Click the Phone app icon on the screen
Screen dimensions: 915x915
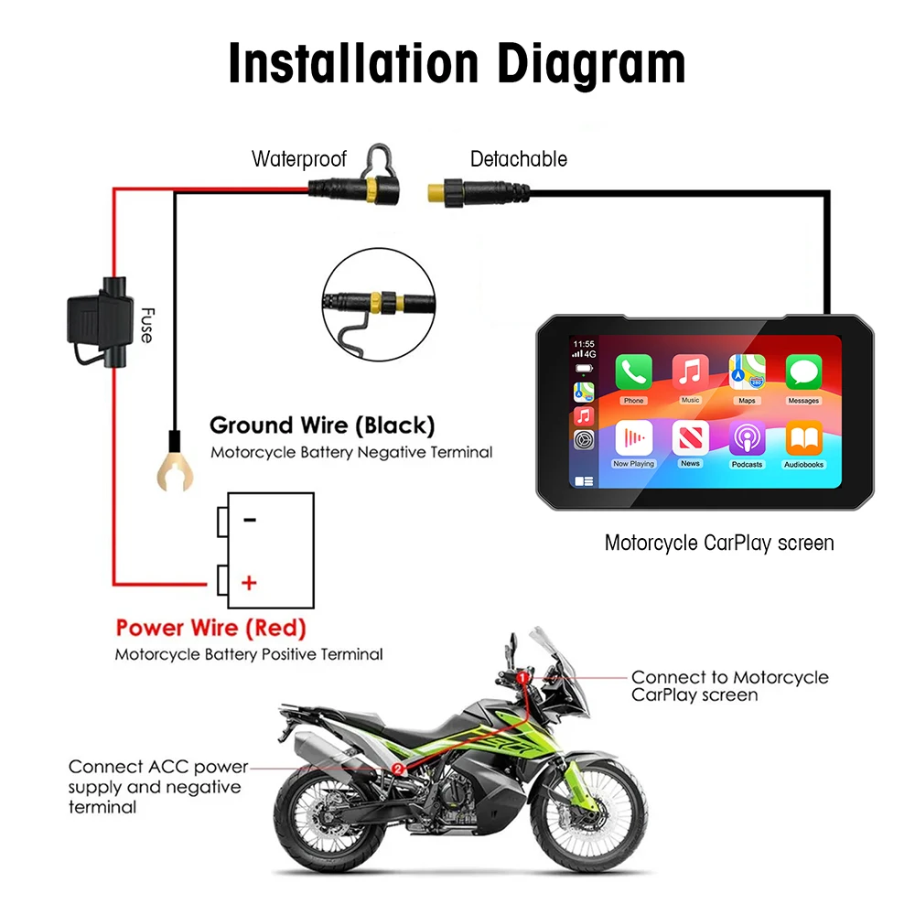tap(633, 372)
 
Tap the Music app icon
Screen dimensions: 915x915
tap(690, 372)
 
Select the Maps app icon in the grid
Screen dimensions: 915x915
tap(747, 372)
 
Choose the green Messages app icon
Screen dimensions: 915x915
tap(803, 372)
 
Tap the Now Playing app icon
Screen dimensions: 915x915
tap(633, 437)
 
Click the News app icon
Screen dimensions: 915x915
tap(690, 437)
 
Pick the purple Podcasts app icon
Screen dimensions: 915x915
tap(747, 437)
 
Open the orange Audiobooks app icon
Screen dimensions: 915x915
tap(803, 437)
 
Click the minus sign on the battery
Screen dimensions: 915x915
tap(250, 520)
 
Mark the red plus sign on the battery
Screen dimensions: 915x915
tap(249, 582)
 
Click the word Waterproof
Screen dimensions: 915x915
tap(299, 159)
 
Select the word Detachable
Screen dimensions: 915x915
tap(518, 159)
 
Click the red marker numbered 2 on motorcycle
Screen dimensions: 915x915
tap(397, 769)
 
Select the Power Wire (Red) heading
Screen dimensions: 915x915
tap(210, 629)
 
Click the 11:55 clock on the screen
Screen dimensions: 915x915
tap(583, 345)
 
